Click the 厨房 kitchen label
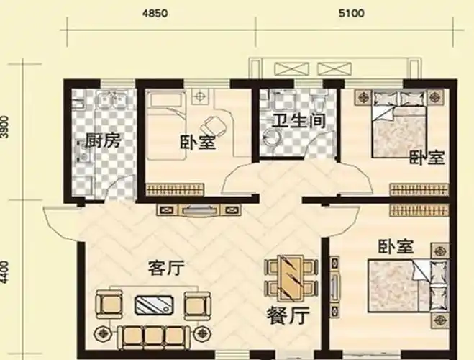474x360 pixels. tap(102, 141)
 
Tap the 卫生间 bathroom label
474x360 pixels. tap(292, 120)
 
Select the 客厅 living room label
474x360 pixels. tap(165, 269)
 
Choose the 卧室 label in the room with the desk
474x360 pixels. tap(197, 143)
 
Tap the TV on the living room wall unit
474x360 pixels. tap(197, 211)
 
